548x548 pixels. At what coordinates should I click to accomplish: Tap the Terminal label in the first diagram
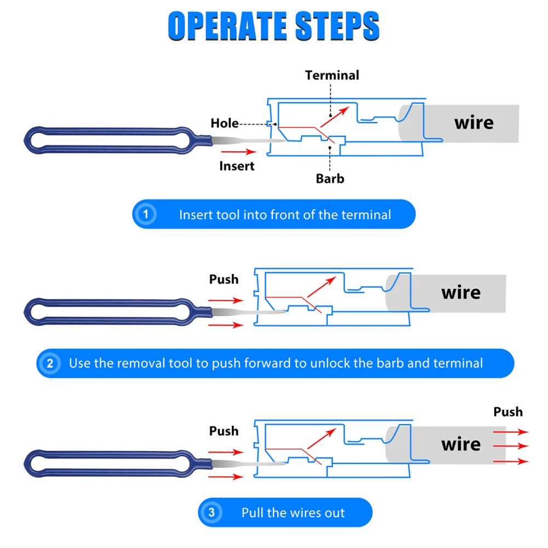(x=332, y=75)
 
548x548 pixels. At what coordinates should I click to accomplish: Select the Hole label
(x=225, y=123)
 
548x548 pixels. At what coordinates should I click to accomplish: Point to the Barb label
(x=330, y=178)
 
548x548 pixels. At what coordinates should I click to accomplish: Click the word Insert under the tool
(x=237, y=165)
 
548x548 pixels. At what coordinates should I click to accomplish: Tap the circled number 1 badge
(x=146, y=214)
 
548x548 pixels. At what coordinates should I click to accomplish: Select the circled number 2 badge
(x=50, y=363)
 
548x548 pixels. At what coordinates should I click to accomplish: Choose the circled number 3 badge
(x=212, y=513)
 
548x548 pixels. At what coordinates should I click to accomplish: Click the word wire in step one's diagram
(x=473, y=123)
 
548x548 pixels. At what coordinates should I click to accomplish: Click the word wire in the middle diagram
(x=460, y=293)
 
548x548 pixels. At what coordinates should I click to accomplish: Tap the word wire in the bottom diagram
(x=460, y=444)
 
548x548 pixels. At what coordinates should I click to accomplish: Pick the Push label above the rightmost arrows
(x=508, y=412)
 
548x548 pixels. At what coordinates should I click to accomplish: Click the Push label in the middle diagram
(x=224, y=279)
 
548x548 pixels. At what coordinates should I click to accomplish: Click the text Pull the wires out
(x=293, y=513)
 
